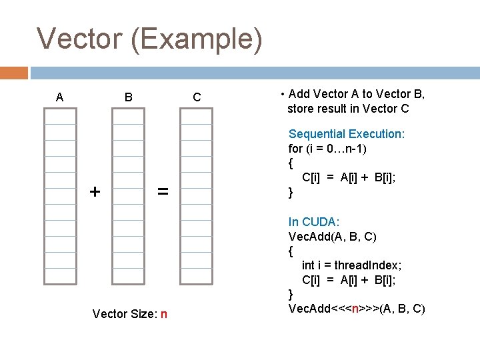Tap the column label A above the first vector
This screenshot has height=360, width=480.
(x=60, y=98)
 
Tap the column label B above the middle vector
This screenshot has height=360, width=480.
(x=128, y=98)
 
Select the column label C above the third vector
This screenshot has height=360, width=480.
(x=197, y=98)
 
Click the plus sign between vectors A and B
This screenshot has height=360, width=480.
(x=95, y=192)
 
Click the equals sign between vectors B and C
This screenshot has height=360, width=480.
(x=162, y=192)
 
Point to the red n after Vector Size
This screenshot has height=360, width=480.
(x=163, y=313)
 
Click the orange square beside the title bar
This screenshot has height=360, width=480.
(x=14, y=72)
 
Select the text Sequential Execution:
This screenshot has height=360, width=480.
(x=346, y=134)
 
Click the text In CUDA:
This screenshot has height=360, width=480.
(x=314, y=221)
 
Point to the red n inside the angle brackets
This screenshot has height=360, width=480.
(x=356, y=309)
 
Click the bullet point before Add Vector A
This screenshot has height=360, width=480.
(x=283, y=95)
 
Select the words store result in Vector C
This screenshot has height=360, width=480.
(x=348, y=109)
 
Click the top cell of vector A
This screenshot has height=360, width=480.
(x=60, y=116)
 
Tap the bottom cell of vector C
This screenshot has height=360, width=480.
(x=197, y=277)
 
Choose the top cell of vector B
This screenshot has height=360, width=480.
(x=128, y=116)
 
